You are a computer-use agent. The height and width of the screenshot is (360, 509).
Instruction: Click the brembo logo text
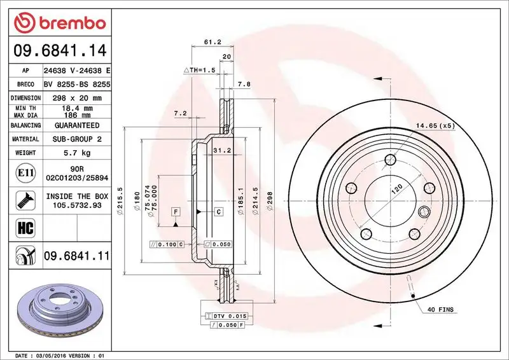tap(70, 23)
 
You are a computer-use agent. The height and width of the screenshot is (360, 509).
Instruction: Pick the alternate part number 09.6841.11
tap(77, 256)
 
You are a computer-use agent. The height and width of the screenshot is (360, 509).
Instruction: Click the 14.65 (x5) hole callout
tap(436, 126)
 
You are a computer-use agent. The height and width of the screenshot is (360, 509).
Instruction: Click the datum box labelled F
tap(174, 211)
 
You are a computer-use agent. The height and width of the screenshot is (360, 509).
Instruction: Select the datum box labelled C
tap(218, 211)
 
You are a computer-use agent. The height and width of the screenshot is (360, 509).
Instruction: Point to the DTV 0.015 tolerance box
tap(227, 316)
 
